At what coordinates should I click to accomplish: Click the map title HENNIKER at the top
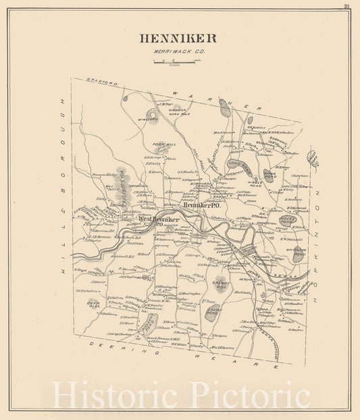tap(178, 38)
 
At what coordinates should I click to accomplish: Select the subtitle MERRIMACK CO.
tap(178, 52)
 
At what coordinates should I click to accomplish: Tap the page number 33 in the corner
tap(346, 7)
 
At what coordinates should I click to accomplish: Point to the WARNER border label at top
tap(216, 100)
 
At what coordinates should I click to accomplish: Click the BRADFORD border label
tap(102, 82)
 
